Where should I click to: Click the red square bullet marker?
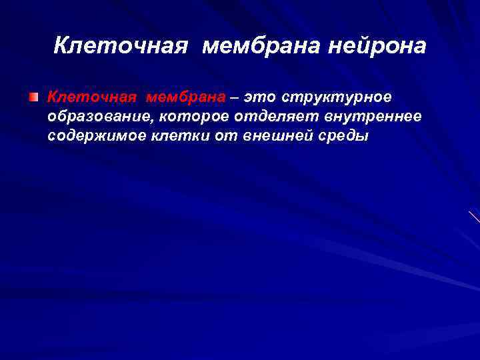click(x=33, y=97)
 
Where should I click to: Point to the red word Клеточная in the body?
click(x=92, y=97)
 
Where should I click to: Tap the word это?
click(x=259, y=97)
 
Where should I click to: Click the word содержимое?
click(x=91, y=136)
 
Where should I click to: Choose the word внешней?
click(x=259, y=136)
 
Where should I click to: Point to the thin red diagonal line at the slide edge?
click(x=474, y=217)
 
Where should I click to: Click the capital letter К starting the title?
click(x=60, y=46)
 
